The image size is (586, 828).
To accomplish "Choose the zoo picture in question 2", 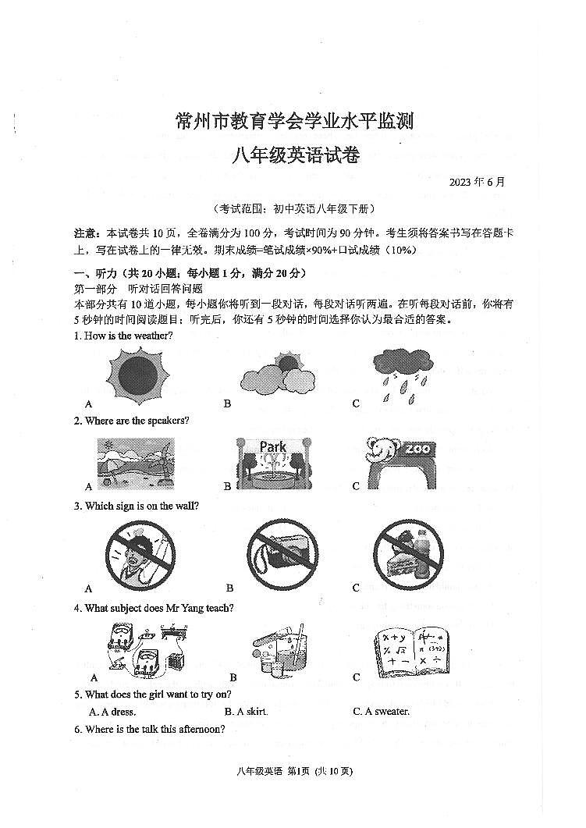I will pyautogui.click(x=400, y=462).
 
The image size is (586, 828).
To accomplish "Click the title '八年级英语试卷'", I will pyautogui.click(x=294, y=155).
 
